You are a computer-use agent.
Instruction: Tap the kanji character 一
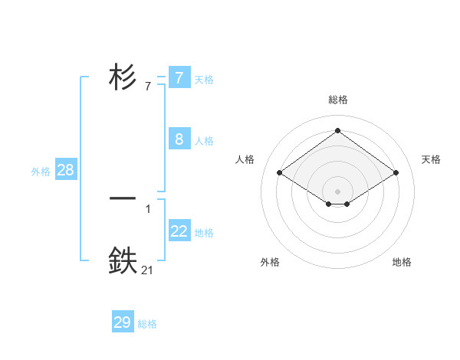pyautogui.click(x=123, y=198)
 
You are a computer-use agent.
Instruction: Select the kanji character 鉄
pyautogui.click(x=123, y=260)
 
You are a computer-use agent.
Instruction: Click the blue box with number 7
pyautogui.click(x=179, y=78)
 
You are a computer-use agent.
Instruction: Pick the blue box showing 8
pyautogui.click(x=179, y=139)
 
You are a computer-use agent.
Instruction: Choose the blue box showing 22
pyautogui.click(x=179, y=231)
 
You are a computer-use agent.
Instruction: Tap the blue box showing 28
pyautogui.click(x=65, y=170)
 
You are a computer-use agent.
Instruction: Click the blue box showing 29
pyautogui.click(x=122, y=322)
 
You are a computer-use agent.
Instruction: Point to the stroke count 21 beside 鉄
pyautogui.click(x=147, y=270)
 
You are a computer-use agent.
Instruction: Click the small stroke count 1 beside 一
pyautogui.click(x=148, y=208)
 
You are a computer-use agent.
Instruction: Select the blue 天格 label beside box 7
pyautogui.click(x=204, y=79)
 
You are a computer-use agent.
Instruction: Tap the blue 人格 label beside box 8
pyautogui.click(x=204, y=141)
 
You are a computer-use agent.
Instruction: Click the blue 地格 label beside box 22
pyautogui.click(x=204, y=232)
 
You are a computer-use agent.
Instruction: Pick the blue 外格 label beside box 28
pyautogui.click(x=41, y=172)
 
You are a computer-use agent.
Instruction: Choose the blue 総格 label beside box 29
pyautogui.click(x=147, y=324)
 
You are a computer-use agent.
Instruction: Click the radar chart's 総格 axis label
pyautogui.click(x=338, y=100)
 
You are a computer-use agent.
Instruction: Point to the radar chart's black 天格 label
pyautogui.click(x=432, y=159)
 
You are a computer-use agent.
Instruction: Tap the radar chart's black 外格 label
pyautogui.click(x=270, y=262)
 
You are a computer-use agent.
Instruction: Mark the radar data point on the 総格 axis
pyautogui.click(x=337, y=131)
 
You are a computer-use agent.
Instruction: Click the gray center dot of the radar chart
pyautogui.click(x=337, y=191)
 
